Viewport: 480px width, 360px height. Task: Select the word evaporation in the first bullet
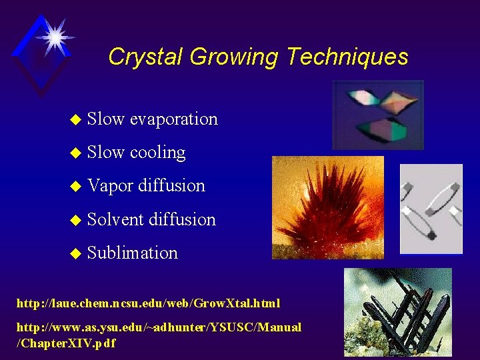[173, 119]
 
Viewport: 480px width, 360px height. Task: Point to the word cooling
[157, 153]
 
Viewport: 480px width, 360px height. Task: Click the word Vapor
[110, 186]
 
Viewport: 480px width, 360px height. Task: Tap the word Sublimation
[133, 253]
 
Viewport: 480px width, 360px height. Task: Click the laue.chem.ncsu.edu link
[148, 303]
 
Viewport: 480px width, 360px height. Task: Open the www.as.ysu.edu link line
[159, 327]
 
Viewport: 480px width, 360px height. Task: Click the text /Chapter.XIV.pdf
[66, 343]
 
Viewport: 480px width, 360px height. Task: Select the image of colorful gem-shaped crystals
[378, 115]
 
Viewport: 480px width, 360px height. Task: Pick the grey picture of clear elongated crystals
[431, 209]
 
